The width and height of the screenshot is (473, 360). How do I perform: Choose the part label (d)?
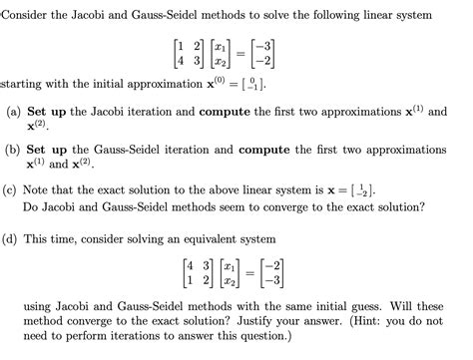pos(13,240)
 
